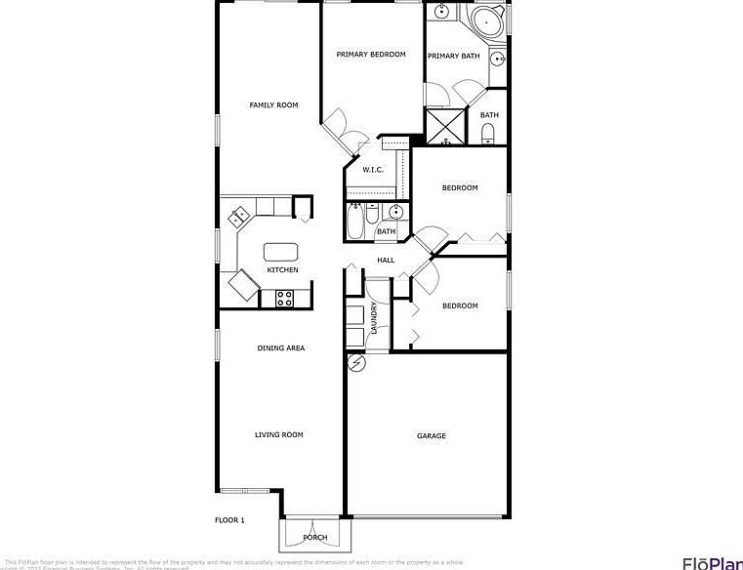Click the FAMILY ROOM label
coord(273,105)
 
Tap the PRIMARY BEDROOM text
coord(371,55)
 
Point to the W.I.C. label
coord(372,170)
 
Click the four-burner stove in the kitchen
coord(285,299)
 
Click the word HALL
coord(386,261)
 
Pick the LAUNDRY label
coord(375,318)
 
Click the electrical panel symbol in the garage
coord(357,363)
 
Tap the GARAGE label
coord(432,436)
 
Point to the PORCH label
coord(314,538)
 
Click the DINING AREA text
coord(281,348)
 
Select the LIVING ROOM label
coord(279,435)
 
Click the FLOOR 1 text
coord(229,520)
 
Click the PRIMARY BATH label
coord(454,56)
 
